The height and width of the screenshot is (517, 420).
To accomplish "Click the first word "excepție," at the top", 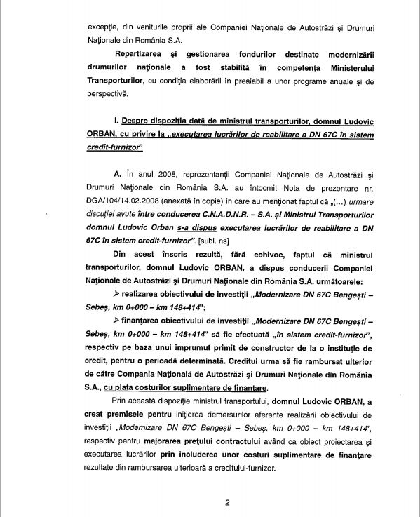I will [x=104, y=27].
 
